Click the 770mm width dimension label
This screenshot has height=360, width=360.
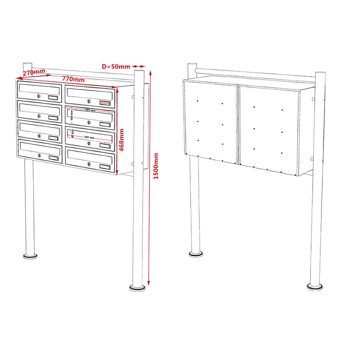point(73,80)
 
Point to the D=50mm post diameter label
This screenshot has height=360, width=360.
point(115,66)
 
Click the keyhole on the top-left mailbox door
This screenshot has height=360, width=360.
point(39,96)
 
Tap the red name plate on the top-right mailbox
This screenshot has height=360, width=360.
point(105,103)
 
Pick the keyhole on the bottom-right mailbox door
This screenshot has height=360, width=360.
point(89,164)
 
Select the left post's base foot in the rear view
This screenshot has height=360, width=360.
point(195,253)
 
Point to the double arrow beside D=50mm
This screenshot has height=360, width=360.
point(139,66)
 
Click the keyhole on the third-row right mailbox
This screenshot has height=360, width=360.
point(89,143)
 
